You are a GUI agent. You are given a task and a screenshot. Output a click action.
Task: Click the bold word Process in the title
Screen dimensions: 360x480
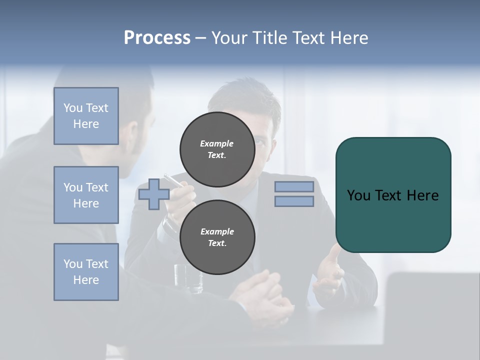[157, 37]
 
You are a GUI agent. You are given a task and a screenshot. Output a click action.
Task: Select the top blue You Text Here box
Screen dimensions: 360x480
[86, 116]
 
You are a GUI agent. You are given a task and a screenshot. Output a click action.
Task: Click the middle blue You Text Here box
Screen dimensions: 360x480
[86, 195]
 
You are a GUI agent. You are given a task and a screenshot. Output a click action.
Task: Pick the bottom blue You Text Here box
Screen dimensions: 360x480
[86, 272]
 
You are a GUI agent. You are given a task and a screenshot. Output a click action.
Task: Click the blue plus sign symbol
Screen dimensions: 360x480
[153, 194]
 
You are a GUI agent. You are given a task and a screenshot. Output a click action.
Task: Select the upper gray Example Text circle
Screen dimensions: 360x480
[217, 149]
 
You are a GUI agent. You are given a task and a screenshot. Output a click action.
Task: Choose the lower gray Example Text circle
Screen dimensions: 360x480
[217, 237]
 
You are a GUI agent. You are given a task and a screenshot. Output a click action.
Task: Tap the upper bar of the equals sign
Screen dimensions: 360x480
[294, 186]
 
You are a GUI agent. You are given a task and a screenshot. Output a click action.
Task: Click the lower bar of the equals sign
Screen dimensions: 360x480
[294, 201]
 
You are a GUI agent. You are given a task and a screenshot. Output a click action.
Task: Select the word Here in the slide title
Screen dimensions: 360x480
[349, 37]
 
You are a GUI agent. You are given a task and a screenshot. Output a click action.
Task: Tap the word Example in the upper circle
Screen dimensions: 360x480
[217, 143]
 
